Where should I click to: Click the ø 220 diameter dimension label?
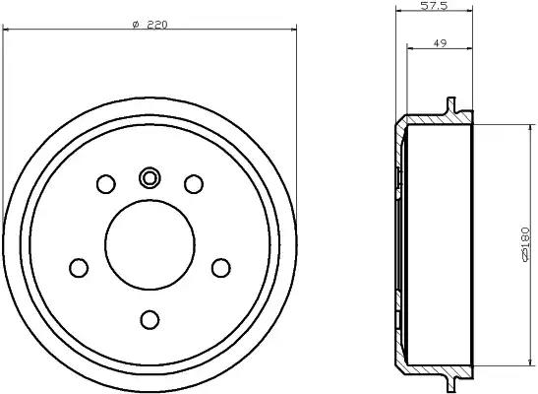[x=149, y=25]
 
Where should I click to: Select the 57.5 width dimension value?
[x=434, y=6]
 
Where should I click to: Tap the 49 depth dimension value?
[x=440, y=43]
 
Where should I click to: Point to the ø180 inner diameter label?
[x=525, y=244]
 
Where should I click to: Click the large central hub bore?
[x=149, y=244]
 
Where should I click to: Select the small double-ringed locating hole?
[x=149, y=178]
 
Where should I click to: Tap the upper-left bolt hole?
[x=106, y=184]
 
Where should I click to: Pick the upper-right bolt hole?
[x=194, y=184]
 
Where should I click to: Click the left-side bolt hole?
[x=79, y=268]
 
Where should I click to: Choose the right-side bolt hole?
[x=221, y=268]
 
